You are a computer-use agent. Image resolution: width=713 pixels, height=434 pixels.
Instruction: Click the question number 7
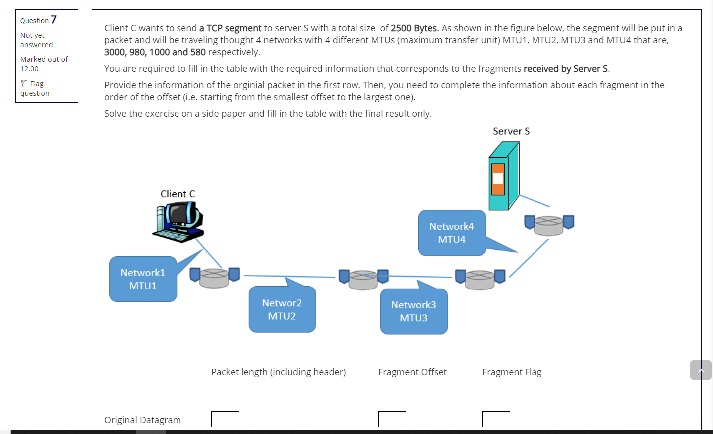tap(54, 20)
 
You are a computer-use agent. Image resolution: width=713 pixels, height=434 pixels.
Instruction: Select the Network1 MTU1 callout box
tap(143, 279)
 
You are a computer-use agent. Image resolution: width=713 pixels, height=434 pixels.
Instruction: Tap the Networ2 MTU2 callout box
tap(282, 309)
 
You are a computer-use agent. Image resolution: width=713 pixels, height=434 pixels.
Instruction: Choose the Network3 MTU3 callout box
tap(413, 311)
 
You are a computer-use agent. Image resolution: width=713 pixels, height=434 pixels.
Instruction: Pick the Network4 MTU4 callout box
tap(451, 233)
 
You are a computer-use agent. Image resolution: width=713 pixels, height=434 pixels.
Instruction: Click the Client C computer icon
tap(178, 222)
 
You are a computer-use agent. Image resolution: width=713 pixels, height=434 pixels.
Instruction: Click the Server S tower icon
tap(504, 176)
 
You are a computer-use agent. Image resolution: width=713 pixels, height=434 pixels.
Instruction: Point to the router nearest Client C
tap(214, 277)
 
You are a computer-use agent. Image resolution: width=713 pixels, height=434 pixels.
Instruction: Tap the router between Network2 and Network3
tap(363, 279)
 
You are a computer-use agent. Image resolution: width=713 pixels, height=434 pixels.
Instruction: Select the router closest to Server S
tap(549, 224)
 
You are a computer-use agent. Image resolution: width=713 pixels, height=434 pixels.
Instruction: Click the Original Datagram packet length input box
tap(225, 419)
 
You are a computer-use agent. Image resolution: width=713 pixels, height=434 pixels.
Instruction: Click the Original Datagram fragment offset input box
tap(392, 419)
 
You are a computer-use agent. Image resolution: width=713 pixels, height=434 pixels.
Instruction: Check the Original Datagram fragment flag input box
tap(496, 419)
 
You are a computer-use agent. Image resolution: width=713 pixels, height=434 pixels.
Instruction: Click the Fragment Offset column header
tap(412, 372)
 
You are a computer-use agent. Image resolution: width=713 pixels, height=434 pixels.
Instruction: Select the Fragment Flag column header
tap(512, 372)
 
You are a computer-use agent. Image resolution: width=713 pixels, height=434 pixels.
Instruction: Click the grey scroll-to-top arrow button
tap(700, 370)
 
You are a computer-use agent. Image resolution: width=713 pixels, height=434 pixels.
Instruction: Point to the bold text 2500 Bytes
tap(413, 28)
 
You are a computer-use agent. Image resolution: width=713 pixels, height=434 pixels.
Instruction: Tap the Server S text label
tap(511, 131)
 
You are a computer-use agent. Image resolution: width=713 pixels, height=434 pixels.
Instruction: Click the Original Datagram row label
tap(143, 420)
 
